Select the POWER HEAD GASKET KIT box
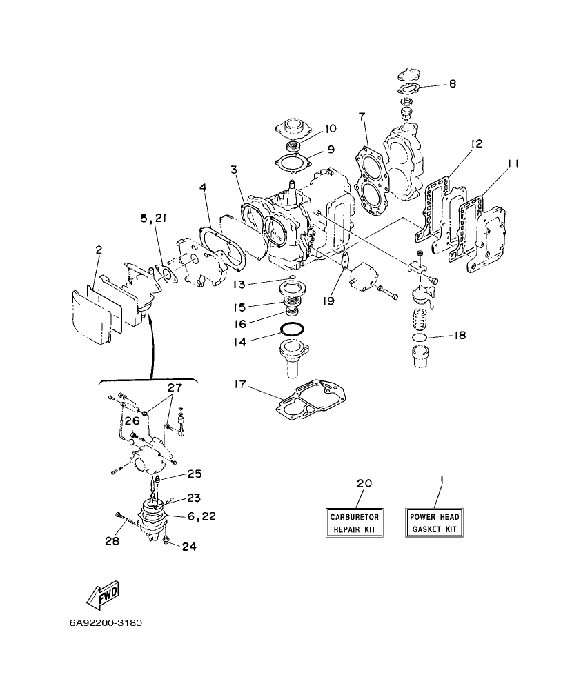point(434,523)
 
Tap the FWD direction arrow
point(103,593)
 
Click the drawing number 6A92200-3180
point(105,622)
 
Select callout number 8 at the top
point(452,83)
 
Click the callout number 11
point(512,163)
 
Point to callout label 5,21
point(153,219)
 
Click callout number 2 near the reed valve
point(98,250)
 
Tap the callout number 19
point(328,301)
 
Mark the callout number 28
point(112,541)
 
